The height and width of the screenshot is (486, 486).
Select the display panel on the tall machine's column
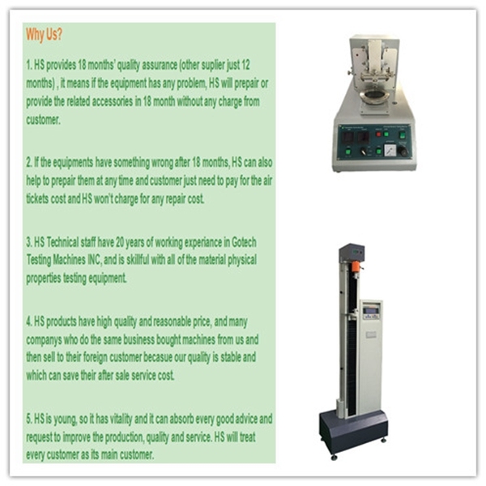click(372, 312)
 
